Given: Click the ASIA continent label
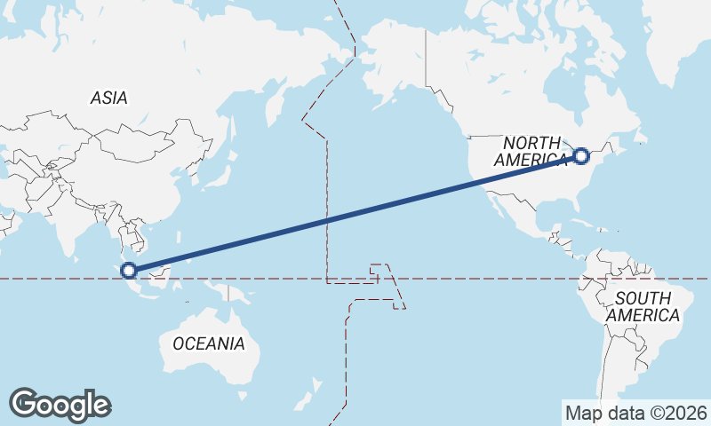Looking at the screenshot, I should pyautogui.click(x=108, y=99).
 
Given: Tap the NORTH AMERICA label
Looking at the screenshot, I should pyautogui.click(x=532, y=152).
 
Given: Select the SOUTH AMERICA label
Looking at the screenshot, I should pyautogui.click(x=643, y=306).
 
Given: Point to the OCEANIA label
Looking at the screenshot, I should pyautogui.click(x=209, y=343).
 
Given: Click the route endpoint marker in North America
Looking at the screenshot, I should pyautogui.click(x=581, y=156).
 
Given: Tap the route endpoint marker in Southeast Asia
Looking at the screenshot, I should pyautogui.click(x=129, y=270).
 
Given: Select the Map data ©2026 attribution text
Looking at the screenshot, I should pyautogui.click(x=635, y=413).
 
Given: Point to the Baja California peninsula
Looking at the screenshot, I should pyautogui.click(x=488, y=199).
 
